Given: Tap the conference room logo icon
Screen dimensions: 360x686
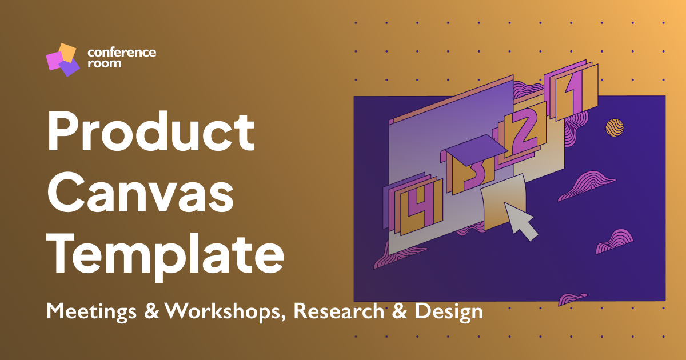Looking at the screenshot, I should (62, 59).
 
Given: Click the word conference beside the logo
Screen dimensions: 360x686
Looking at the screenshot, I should (122, 53).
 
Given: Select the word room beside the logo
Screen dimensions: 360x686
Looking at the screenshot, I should (104, 63).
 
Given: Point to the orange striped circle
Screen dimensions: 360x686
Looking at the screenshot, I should (615, 128).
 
